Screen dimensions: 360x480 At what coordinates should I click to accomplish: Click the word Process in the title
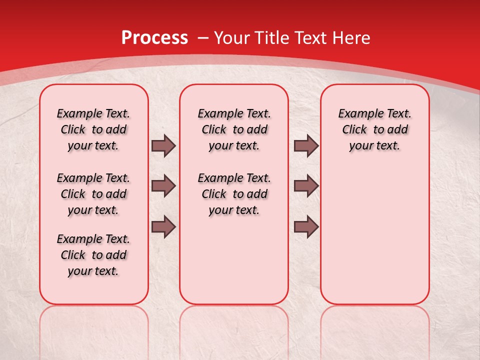(x=154, y=38)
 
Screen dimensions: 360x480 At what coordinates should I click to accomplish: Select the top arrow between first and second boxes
(x=163, y=145)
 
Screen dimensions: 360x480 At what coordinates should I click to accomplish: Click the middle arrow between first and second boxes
(x=163, y=186)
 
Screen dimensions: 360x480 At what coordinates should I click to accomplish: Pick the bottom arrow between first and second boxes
(x=163, y=226)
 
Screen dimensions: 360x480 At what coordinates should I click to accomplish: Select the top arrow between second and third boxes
(x=306, y=145)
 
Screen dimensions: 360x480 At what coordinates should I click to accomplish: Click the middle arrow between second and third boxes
(x=306, y=186)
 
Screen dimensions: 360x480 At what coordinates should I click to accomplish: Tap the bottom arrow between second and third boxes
(x=306, y=226)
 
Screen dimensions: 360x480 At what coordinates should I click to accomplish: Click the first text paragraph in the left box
(x=93, y=129)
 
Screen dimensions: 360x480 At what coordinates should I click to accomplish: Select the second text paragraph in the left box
(x=93, y=194)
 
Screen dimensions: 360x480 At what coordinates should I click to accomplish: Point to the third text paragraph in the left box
(x=93, y=255)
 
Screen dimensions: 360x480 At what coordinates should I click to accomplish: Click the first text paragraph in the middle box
(x=234, y=129)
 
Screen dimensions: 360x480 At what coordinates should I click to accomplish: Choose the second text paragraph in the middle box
(x=234, y=194)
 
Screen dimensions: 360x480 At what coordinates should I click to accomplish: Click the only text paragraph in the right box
(x=375, y=129)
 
